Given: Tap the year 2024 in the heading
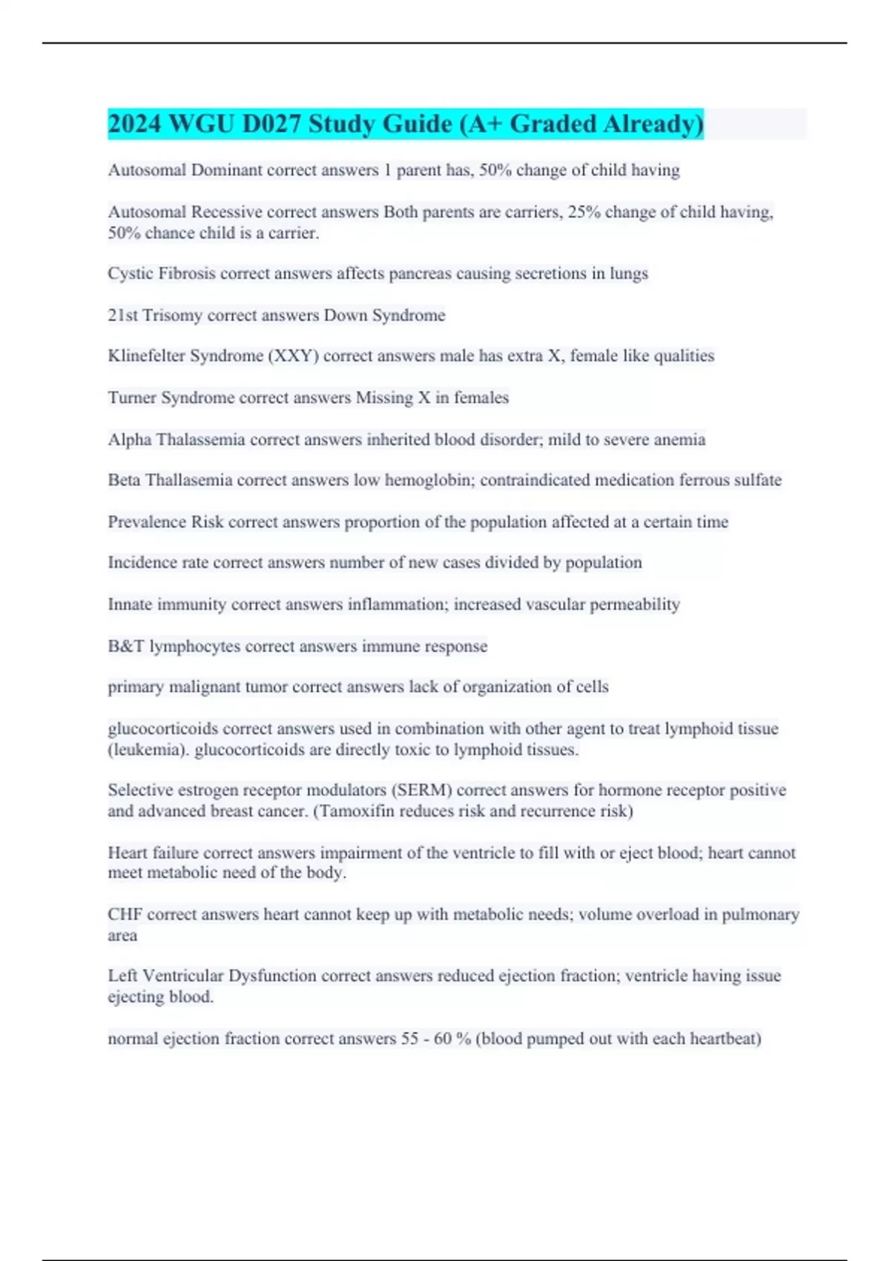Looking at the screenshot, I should (x=134, y=124).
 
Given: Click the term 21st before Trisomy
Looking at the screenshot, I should (x=123, y=315).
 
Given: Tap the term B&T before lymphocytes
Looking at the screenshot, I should (x=126, y=646).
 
